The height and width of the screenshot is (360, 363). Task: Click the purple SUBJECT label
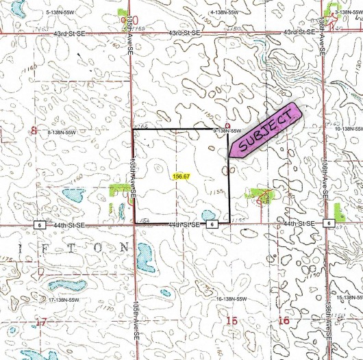(x=265, y=129)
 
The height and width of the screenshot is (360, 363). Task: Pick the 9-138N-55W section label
(x=228, y=130)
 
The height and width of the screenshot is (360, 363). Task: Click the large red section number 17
(x=42, y=321)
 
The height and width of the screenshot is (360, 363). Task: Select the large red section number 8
(x=33, y=130)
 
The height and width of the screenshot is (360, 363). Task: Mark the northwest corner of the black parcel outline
(x=132, y=129)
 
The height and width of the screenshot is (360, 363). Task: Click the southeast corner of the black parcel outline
(x=228, y=224)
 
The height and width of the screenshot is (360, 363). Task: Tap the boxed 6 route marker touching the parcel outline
(x=212, y=224)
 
